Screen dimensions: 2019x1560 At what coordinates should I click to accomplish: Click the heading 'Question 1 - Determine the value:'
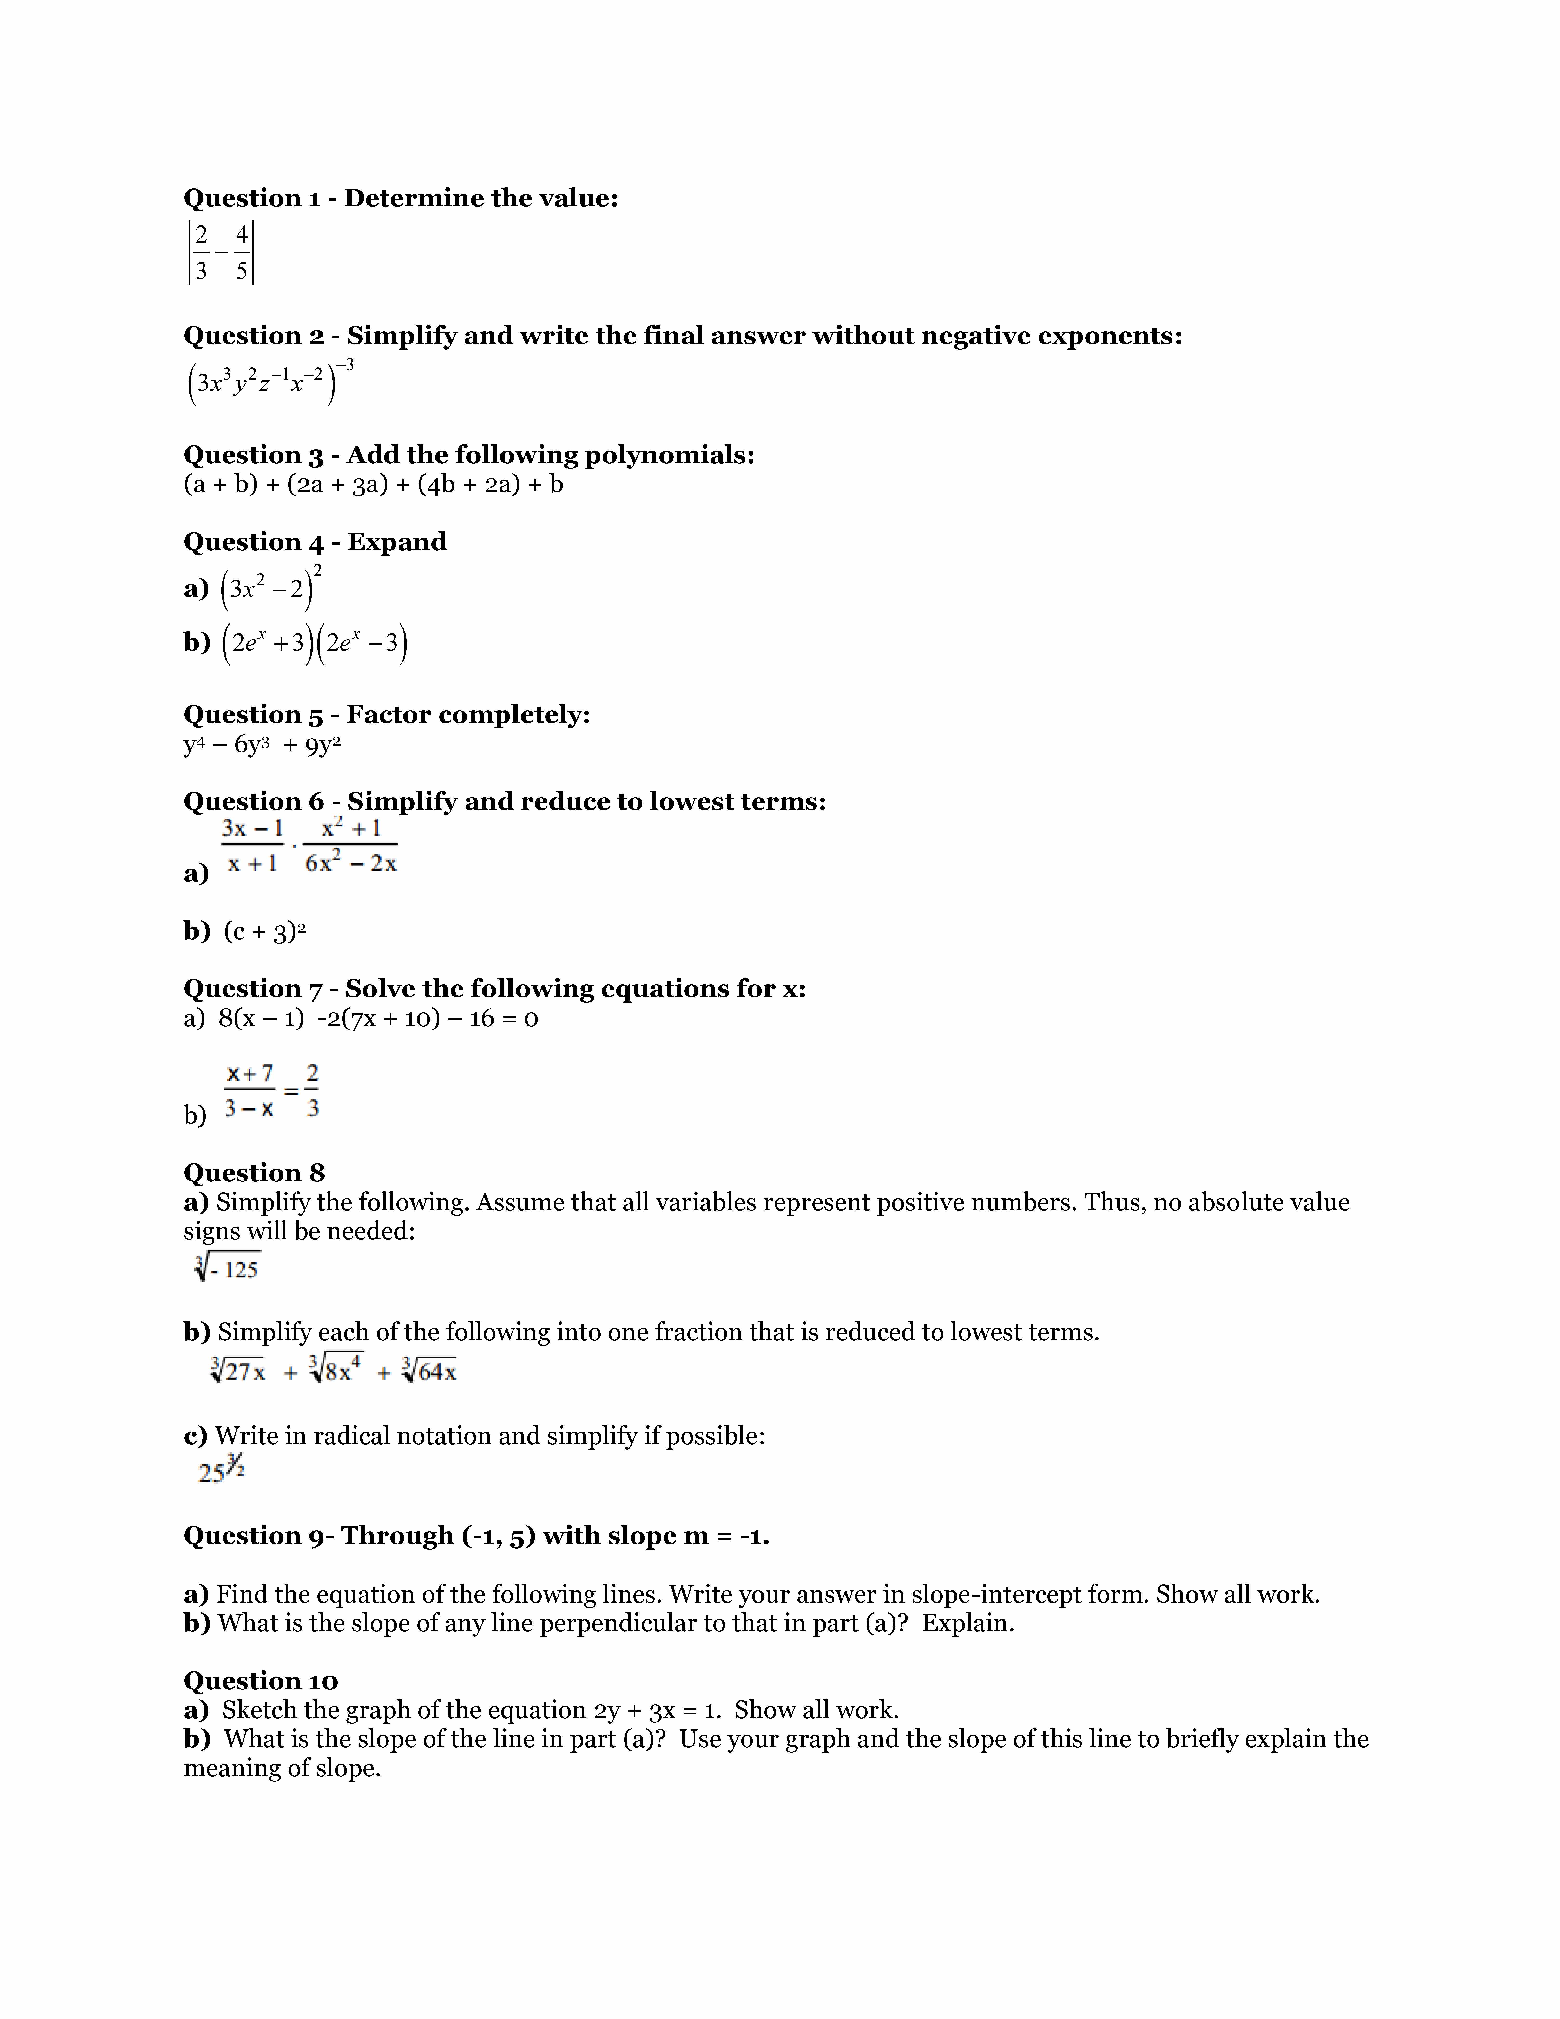tap(400, 198)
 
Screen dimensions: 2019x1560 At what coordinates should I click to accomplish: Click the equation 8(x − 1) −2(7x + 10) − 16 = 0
tap(378, 1019)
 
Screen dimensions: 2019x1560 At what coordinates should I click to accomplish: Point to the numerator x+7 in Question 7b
tap(250, 1073)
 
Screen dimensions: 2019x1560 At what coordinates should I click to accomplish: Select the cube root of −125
tap(227, 1267)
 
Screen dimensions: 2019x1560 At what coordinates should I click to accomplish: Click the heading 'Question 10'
tap(261, 1681)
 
